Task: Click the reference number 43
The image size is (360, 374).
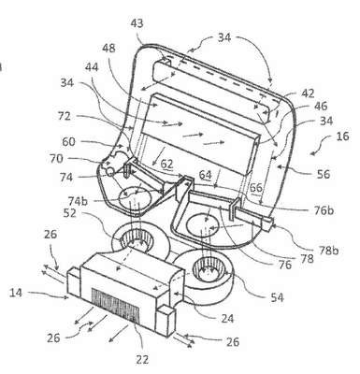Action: [137, 23]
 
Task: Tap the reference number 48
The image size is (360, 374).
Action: [108, 49]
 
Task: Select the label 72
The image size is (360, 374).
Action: [65, 116]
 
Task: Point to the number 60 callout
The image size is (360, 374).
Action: [68, 142]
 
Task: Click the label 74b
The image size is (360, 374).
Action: [78, 201]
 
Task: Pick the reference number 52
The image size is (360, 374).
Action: [70, 213]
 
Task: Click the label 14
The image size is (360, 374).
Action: [16, 293]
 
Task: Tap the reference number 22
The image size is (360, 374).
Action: [142, 359]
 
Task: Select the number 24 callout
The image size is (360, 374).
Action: [226, 319]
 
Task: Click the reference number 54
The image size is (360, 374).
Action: [277, 297]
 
